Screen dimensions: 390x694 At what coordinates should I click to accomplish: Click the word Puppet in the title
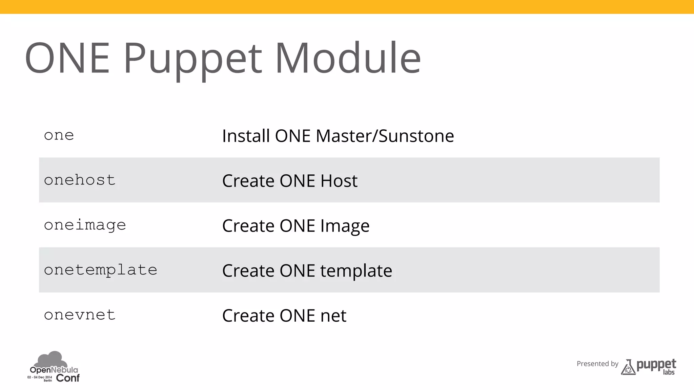point(192,58)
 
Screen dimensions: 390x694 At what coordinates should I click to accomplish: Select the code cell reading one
point(59,135)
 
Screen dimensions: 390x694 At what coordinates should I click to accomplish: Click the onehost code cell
point(80,180)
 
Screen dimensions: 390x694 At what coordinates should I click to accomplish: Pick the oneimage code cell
point(85,225)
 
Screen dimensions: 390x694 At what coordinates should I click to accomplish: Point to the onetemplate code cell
point(101,270)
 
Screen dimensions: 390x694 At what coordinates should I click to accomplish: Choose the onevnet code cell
point(80,315)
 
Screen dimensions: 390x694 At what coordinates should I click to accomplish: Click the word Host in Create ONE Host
point(339,181)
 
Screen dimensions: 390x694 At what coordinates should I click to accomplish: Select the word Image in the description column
point(345,226)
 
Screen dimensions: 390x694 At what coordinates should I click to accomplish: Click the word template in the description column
point(356,271)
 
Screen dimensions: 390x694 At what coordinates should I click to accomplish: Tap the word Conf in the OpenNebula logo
point(68,378)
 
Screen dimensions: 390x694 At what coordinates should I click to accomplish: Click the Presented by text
point(597,364)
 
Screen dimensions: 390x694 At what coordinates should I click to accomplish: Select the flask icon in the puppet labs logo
point(628,368)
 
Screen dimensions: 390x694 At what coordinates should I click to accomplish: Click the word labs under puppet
point(669,372)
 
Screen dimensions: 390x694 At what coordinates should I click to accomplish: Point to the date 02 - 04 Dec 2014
point(40,377)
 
